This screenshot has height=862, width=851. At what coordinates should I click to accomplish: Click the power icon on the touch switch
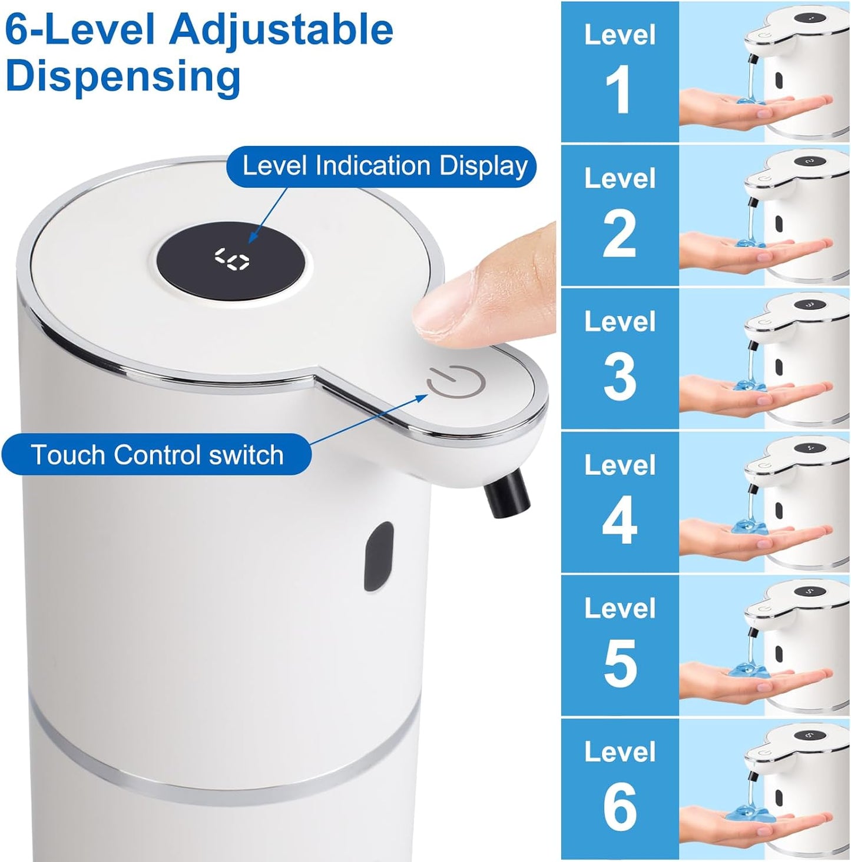pyautogui.click(x=456, y=383)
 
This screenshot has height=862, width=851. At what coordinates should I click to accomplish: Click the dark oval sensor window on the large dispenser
pyautogui.click(x=379, y=555)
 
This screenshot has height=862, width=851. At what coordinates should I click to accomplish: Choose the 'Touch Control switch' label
pyautogui.click(x=157, y=455)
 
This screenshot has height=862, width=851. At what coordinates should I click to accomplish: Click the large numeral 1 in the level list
pyautogui.click(x=618, y=90)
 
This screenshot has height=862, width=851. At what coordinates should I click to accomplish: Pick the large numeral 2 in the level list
pyautogui.click(x=620, y=234)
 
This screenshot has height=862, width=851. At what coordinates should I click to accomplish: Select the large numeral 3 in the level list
pyautogui.click(x=620, y=377)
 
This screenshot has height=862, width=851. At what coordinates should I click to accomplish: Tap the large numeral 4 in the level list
pyautogui.click(x=620, y=521)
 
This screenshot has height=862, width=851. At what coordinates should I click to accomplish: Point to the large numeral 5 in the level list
pyautogui.click(x=620, y=664)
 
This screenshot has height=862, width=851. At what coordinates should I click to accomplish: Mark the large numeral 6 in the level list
pyautogui.click(x=620, y=807)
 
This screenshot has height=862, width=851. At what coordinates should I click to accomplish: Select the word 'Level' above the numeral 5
pyautogui.click(x=620, y=608)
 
